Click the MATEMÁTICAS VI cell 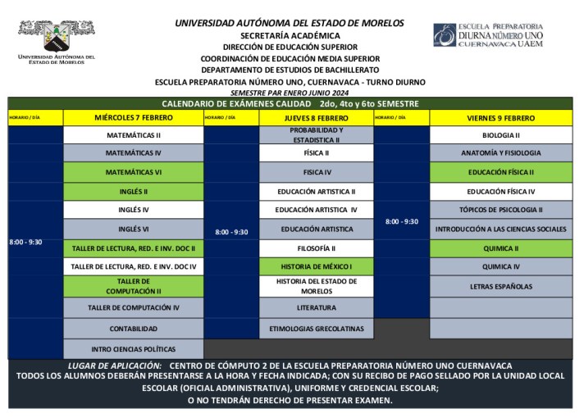pos(133,172)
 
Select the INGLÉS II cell pos(133,191)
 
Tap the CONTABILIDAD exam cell pos(133,328)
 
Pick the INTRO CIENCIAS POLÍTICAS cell pos(133,348)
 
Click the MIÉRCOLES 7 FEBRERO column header pos(133,117)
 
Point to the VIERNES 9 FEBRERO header pos(500,117)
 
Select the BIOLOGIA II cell pos(500,134)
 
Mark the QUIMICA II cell pos(500,248)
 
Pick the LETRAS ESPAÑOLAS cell pos(500,286)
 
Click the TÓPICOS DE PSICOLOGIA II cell pos(500,210)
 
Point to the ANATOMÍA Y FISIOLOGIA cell pos(500,153)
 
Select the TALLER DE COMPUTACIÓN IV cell pos(133,308)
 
